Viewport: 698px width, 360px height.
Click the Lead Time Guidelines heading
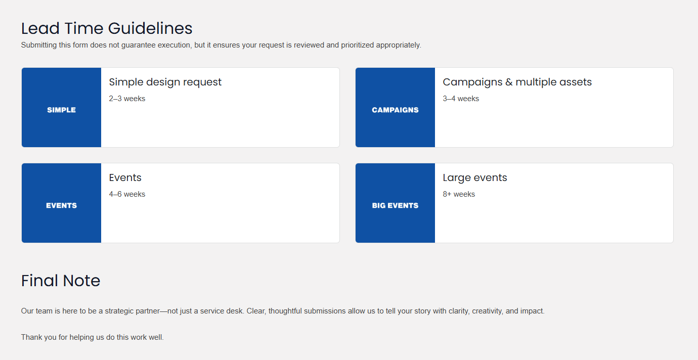(107, 28)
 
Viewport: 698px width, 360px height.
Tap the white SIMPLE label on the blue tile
(61, 110)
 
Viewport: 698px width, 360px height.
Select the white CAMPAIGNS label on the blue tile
(395, 110)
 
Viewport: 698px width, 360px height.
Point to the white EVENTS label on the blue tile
(61, 205)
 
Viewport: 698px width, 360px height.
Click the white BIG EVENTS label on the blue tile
(395, 205)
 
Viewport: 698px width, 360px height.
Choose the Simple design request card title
(165, 82)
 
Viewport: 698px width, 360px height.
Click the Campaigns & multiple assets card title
(517, 82)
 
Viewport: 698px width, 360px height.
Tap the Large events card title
(474, 177)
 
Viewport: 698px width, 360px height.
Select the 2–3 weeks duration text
(127, 99)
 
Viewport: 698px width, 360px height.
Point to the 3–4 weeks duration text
(461, 99)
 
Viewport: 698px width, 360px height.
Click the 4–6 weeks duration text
(127, 194)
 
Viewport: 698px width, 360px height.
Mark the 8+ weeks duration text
(459, 194)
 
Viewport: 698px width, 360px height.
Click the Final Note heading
(61, 281)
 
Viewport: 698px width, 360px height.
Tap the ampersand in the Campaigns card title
(509, 82)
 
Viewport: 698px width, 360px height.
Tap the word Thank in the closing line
(31, 337)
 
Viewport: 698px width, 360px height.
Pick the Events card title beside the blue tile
(125, 177)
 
